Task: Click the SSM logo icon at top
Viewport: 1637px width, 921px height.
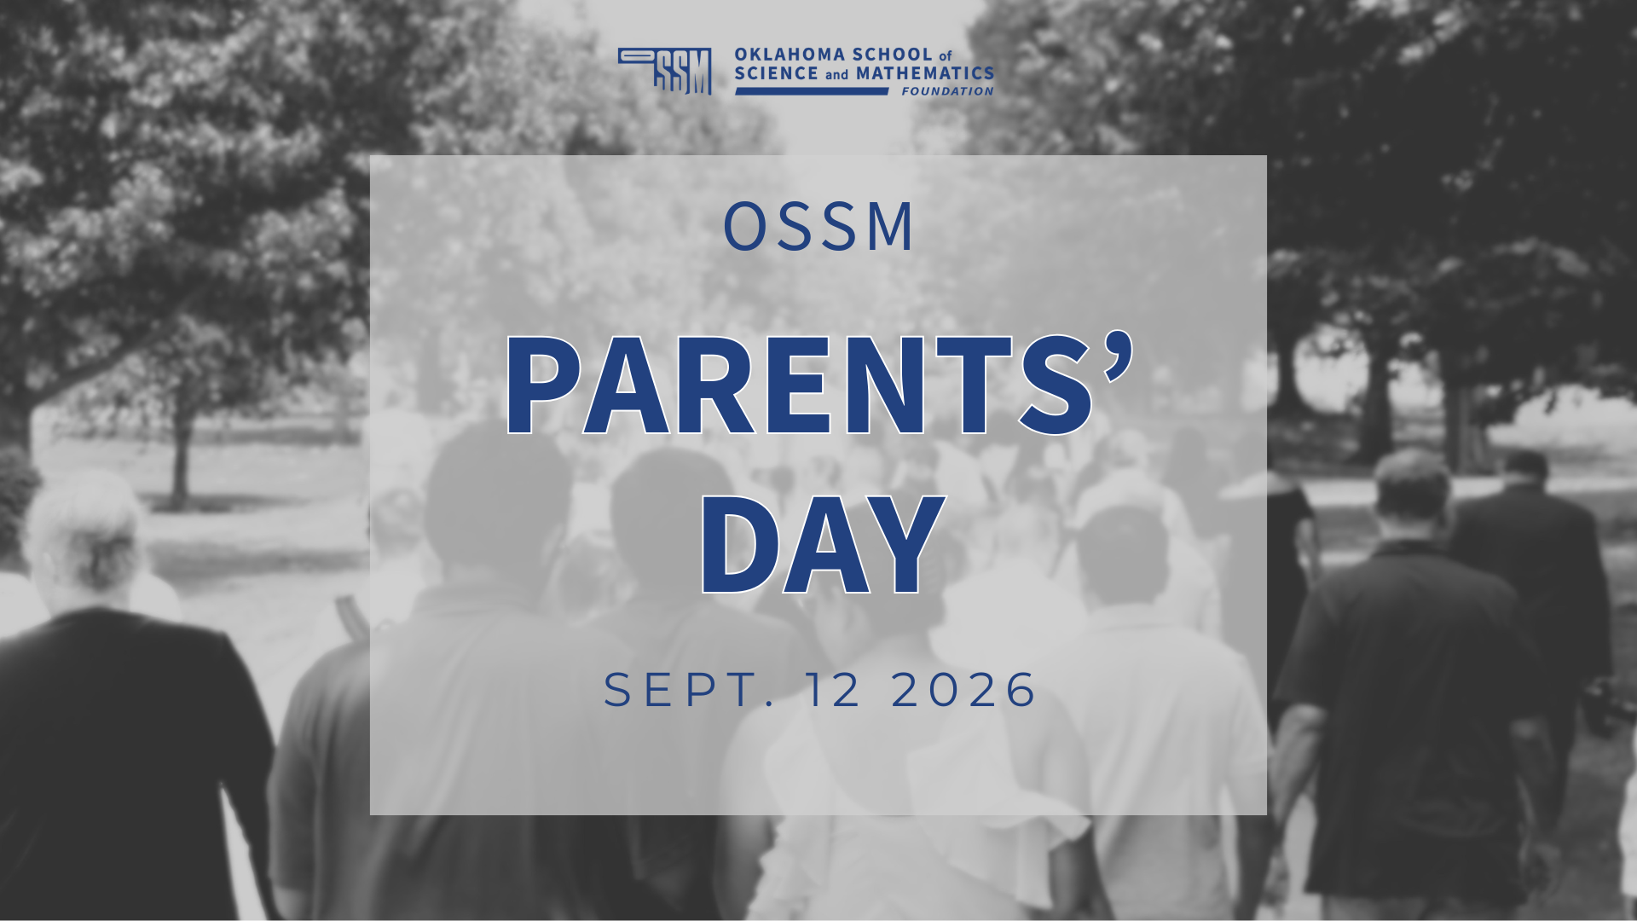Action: point(665,71)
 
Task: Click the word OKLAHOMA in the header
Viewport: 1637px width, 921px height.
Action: point(791,55)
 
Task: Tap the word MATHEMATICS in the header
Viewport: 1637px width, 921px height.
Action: point(925,74)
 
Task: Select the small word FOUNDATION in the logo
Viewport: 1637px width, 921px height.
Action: point(947,91)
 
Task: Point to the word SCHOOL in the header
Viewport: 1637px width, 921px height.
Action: point(893,55)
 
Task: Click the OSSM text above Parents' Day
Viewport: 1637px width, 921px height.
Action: point(818,227)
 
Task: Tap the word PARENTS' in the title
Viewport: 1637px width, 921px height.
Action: point(818,385)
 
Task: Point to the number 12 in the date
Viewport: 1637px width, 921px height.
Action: point(834,689)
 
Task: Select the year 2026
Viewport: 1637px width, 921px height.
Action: point(964,689)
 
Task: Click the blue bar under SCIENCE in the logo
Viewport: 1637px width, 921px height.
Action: point(812,91)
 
